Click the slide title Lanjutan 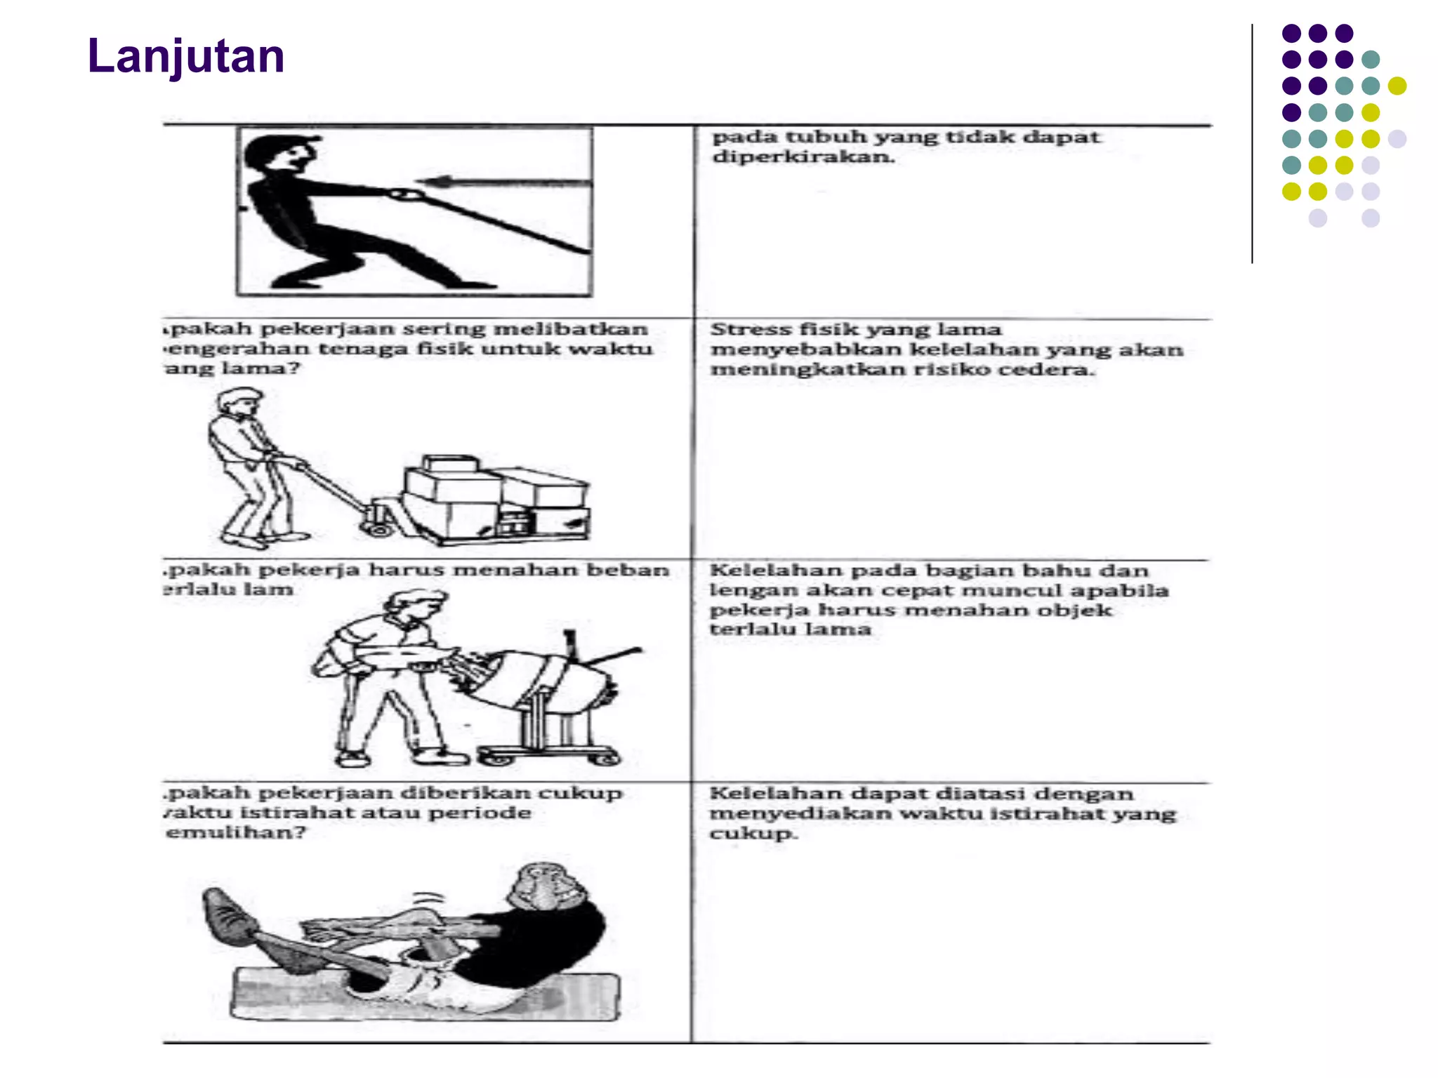[x=185, y=56]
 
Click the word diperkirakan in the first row [x=803, y=157]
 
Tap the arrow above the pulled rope [x=506, y=183]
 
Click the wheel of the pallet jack [x=380, y=528]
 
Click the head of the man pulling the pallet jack [x=237, y=405]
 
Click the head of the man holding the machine [x=414, y=605]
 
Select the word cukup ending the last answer [x=751, y=834]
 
